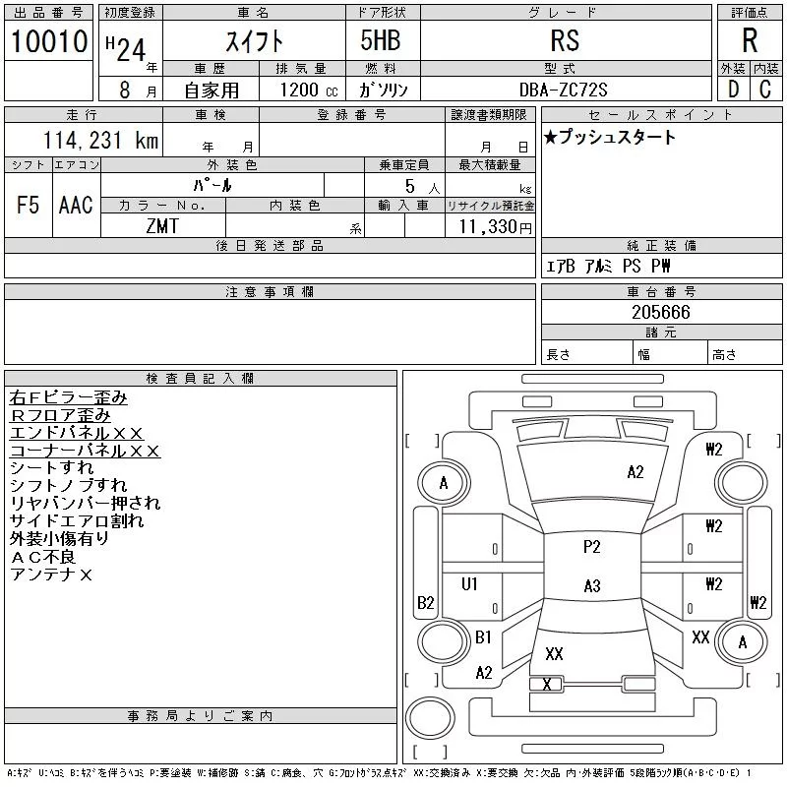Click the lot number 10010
click(x=49, y=41)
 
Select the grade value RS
click(x=565, y=40)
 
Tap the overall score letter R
click(x=750, y=40)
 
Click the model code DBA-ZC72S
click(x=563, y=90)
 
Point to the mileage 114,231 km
click(x=100, y=140)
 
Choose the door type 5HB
click(x=381, y=40)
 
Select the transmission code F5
click(x=29, y=205)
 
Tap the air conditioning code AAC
click(x=76, y=205)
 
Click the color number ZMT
click(x=162, y=226)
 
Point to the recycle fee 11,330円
click(x=496, y=226)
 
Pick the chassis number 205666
click(x=661, y=312)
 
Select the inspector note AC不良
click(x=43, y=557)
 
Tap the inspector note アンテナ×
click(x=51, y=575)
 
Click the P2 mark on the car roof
click(x=592, y=547)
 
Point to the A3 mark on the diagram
click(x=592, y=585)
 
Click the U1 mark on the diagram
click(x=469, y=583)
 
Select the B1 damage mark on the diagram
click(x=483, y=636)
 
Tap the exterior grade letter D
click(x=733, y=90)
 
